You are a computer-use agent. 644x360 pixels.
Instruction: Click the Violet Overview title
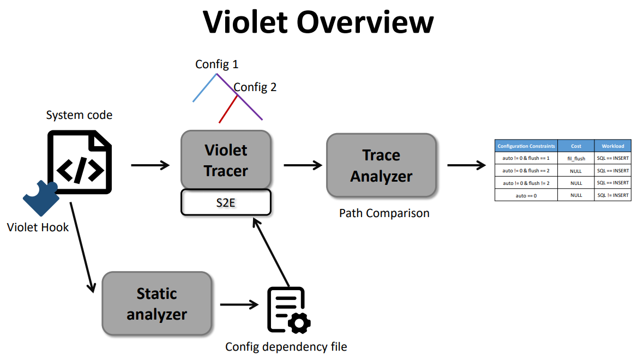click(318, 22)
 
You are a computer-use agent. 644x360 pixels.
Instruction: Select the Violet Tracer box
click(226, 160)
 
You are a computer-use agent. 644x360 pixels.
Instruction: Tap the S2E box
click(226, 202)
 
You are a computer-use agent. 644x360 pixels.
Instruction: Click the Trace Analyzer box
click(381, 165)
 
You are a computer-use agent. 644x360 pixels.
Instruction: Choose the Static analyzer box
click(157, 303)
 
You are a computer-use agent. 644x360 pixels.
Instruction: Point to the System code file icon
click(80, 162)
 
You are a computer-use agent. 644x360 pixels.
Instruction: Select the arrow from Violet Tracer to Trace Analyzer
click(303, 165)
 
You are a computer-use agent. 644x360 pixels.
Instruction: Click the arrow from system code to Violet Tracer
click(151, 165)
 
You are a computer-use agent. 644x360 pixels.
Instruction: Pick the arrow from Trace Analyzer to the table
click(466, 165)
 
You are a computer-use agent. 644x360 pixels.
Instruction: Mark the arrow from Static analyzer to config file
click(239, 304)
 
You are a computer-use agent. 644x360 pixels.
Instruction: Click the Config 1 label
click(216, 64)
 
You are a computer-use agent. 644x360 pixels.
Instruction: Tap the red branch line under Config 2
click(228, 109)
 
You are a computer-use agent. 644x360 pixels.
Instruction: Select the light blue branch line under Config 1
click(204, 88)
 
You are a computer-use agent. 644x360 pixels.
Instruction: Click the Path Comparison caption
click(384, 213)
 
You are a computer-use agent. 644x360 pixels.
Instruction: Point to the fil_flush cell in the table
click(575, 158)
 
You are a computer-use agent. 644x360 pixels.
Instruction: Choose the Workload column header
click(612, 146)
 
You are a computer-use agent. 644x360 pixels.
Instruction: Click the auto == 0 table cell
click(526, 195)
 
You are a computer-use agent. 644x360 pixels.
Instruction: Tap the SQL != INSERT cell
click(612, 195)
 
